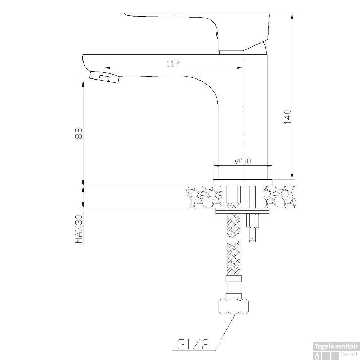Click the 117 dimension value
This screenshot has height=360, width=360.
(173, 63)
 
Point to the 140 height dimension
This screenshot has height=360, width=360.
(288, 117)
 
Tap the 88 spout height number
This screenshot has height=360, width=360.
(78, 133)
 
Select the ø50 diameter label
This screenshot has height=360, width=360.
(243, 161)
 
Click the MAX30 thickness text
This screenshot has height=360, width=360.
(78, 229)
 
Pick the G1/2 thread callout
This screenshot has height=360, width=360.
(193, 344)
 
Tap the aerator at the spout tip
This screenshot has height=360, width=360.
(104, 77)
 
